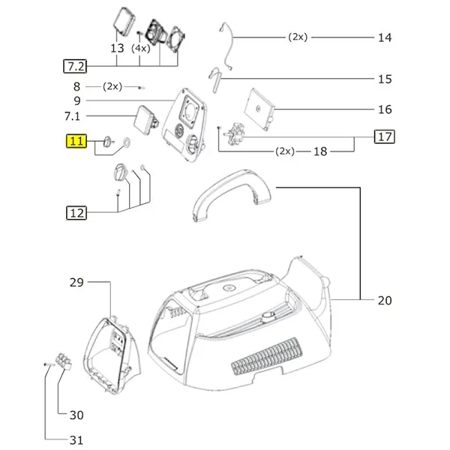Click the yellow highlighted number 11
click(x=77, y=140)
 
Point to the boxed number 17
click(x=385, y=137)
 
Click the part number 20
click(x=385, y=301)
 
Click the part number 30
click(x=77, y=415)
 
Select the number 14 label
click(x=385, y=37)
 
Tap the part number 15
click(x=385, y=79)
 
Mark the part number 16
click(x=385, y=109)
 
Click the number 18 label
click(x=320, y=151)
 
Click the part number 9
click(x=77, y=100)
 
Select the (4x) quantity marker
click(x=140, y=48)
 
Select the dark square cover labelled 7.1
click(x=142, y=119)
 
